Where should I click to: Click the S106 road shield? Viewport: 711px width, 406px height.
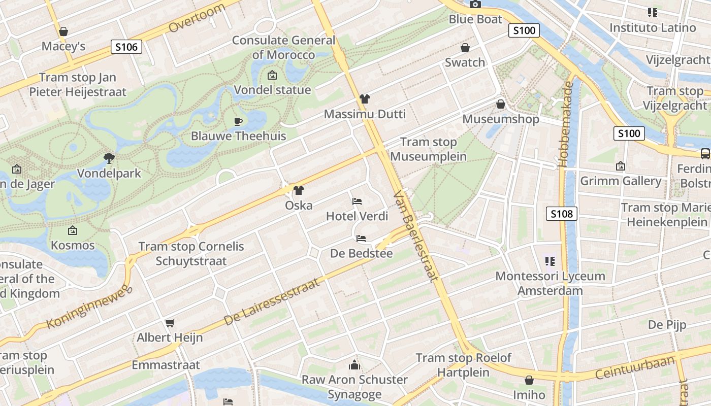126,47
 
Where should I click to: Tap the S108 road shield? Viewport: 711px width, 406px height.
562,214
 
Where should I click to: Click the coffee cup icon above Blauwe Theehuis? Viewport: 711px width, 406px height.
238,121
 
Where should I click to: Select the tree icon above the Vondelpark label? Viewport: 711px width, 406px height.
109,158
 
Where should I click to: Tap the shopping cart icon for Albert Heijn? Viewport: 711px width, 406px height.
170,323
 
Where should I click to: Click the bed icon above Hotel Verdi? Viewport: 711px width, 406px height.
357,201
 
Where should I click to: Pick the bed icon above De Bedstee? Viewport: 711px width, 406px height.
361,238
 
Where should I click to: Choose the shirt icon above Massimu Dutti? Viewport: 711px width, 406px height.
364,98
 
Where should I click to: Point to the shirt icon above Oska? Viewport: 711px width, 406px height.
299,190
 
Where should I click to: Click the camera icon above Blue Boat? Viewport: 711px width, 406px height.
475,5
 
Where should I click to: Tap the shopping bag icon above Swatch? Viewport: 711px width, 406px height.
465,48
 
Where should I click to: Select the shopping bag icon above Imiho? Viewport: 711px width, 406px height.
529,380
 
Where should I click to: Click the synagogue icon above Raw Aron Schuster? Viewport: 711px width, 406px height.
354,364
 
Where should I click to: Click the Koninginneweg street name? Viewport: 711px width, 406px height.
89,307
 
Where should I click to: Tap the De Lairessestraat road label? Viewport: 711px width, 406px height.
272,302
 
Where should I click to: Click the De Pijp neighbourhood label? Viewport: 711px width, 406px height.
667,324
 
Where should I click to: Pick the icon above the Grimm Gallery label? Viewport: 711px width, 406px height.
620,166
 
